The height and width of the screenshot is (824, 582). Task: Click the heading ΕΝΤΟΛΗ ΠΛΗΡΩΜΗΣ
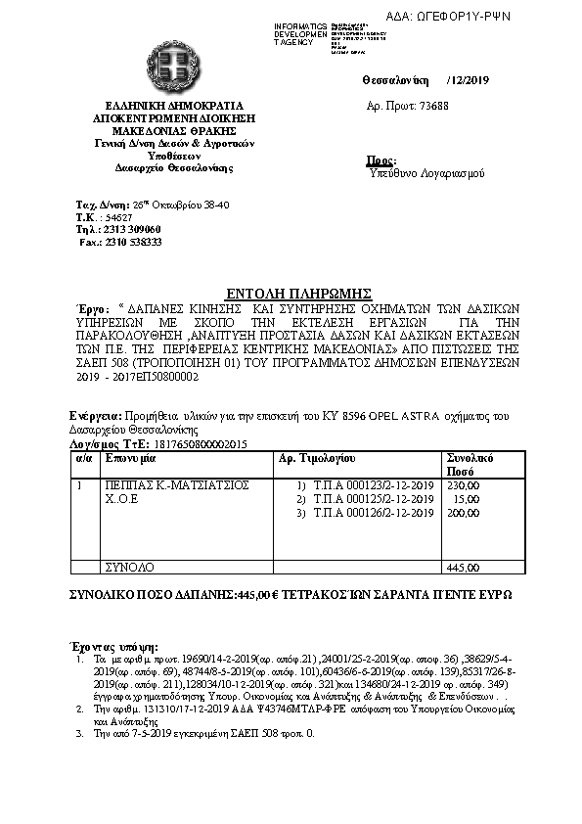pyautogui.click(x=290, y=292)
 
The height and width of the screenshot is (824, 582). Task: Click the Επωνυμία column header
pyautogui.click(x=132, y=457)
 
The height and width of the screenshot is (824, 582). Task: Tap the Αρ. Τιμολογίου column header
pyautogui.click(x=317, y=457)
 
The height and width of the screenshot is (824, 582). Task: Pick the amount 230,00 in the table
pyautogui.click(x=463, y=484)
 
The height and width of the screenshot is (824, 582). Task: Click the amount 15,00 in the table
pyautogui.click(x=466, y=498)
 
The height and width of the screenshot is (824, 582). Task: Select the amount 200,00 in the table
pyautogui.click(x=463, y=513)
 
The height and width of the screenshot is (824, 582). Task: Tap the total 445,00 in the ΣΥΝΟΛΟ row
pyautogui.click(x=463, y=567)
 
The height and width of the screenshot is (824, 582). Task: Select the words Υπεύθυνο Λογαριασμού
pyautogui.click(x=421, y=173)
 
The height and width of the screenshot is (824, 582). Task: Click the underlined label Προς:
pyautogui.click(x=381, y=160)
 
